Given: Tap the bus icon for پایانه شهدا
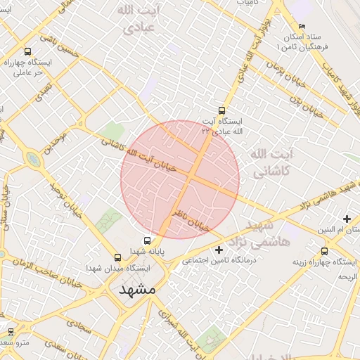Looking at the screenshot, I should click(x=147, y=240).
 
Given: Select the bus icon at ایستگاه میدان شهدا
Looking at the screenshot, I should click(x=117, y=257).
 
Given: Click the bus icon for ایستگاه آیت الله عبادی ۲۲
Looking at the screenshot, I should click(x=222, y=110).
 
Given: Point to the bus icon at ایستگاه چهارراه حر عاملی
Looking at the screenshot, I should click(x=27, y=51).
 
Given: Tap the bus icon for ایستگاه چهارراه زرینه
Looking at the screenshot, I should click(x=324, y=251).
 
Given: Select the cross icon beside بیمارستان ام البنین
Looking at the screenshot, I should click(x=347, y=219).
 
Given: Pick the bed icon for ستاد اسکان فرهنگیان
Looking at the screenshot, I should click(x=302, y=27).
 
